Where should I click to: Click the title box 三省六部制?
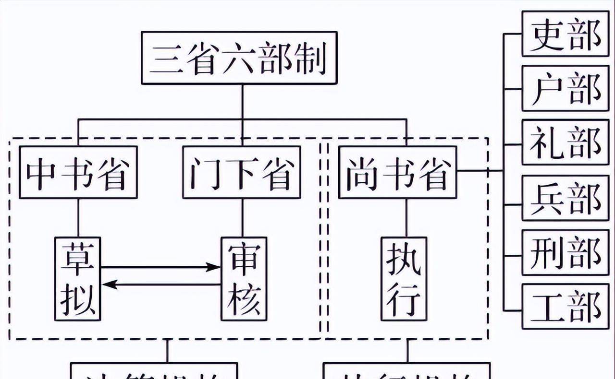[239, 58]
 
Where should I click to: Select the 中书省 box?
[78, 172]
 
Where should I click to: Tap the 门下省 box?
[241, 172]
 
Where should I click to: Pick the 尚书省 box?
[397, 172]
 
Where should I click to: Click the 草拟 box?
[78, 279]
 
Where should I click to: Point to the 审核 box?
[244, 279]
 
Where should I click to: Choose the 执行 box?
[404, 279]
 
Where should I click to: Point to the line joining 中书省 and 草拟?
[78, 218]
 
